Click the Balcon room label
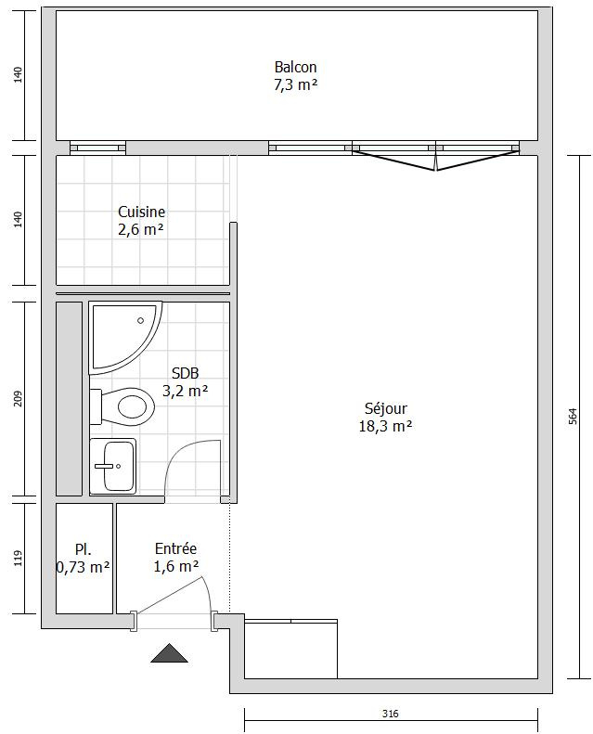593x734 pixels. pyautogui.click(x=295, y=67)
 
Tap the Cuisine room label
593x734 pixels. pyautogui.click(x=141, y=212)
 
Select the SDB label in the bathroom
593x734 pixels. pyautogui.click(x=186, y=373)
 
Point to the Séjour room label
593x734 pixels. pyautogui.click(x=386, y=408)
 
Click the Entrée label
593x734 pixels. pyautogui.click(x=176, y=548)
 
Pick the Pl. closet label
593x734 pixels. pyautogui.click(x=84, y=549)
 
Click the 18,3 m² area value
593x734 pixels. pyautogui.click(x=386, y=427)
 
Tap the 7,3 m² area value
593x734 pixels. pyautogui.click(x=295, y=85)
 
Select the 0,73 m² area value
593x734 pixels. pyautogui.click(x=84, y=567)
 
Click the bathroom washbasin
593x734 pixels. pyautogui.click(x=113, y=466)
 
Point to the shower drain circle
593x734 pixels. pyautogui.click(x=140, y=321)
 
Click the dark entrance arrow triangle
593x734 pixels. pyautogui.click(x=170, y=653)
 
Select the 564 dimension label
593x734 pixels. pyautogui.click(x=573, y=417)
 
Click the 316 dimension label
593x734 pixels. pyautogui.click(x=391, y=714)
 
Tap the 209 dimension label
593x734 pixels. pyautogui.click(x=18, y=399)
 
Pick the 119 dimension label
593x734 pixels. pyautogui.click(x=18, y=558)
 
